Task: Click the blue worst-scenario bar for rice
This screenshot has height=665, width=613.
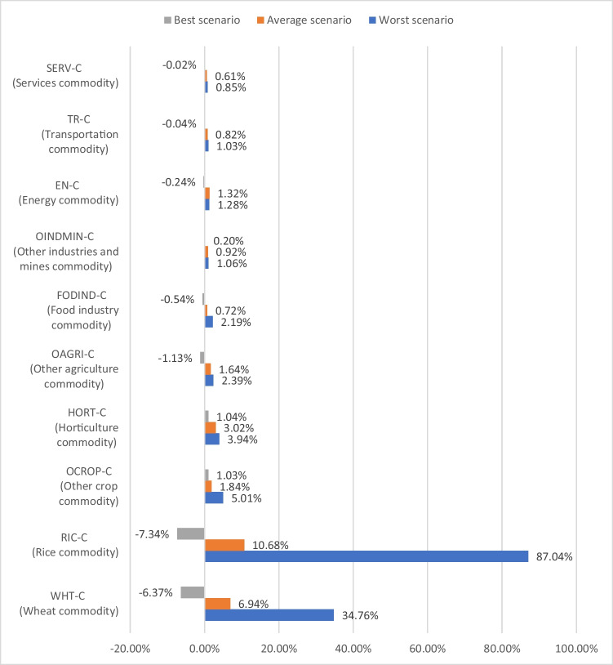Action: pyautogui.click(x=366, y=556)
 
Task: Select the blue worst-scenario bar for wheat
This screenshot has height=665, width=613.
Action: pyautogui.click(x=269, y=615)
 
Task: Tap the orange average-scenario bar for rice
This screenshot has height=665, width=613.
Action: pyautogui.click(x=224, y=545)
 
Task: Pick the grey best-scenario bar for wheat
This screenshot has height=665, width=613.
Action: pyautogui.click(x=193, y=592)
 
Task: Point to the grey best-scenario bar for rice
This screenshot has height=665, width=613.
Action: pyautogui.click(x=191, y=533)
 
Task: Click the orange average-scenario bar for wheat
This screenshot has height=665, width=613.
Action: pyautogui.click(x=217, y=604)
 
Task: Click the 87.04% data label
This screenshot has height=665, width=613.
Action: pyautogui.click(x=553, y=557)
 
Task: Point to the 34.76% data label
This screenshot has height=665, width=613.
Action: pyautogui.click(x=358, y=616)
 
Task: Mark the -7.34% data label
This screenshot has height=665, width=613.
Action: pyautogui.click(x=153, y=534)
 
